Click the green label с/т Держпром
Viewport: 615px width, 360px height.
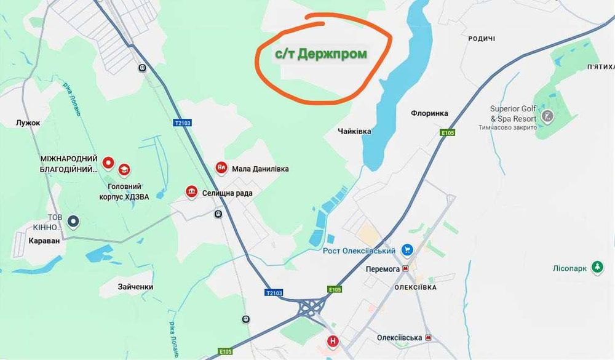point(320,54)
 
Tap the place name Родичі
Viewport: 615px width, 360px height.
point(482,39)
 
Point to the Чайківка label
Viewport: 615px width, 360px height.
point(354,131)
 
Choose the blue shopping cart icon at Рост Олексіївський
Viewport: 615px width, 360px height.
point(407,250)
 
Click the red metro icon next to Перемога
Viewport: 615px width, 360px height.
point(406,269)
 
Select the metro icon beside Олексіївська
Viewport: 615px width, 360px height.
point(429,338)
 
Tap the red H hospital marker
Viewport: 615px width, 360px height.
point(333,342)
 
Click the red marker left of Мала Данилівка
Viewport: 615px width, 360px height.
point(221,168)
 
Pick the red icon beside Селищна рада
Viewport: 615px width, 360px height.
point(192,193)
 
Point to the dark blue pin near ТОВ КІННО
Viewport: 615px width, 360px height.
point(74,220)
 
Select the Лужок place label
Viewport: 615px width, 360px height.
point(28,123)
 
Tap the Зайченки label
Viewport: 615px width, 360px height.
point(135,287)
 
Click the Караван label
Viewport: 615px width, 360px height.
point(45,241)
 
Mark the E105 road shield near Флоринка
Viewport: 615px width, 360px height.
point(446,132)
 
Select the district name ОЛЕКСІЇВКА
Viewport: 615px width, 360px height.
point(416,287)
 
